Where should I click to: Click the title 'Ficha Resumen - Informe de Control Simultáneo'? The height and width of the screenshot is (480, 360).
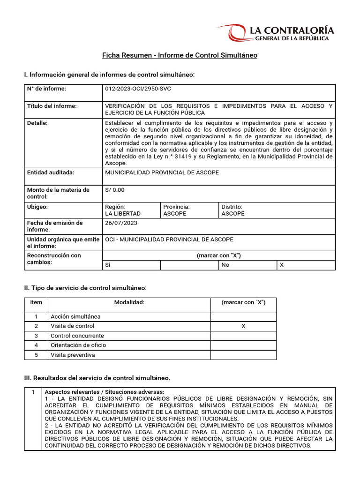point(180,55)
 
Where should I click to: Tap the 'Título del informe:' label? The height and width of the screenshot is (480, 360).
point(52,106)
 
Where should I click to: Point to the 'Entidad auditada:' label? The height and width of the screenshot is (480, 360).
point(51,172)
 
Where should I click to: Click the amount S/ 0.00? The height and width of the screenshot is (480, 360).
point(115,190)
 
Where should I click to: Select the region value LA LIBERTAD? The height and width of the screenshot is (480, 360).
point(123,213)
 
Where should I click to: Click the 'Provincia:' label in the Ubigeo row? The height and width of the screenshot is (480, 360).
point(176,206)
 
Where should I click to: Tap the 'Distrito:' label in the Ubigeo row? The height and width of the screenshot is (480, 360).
point(232,206)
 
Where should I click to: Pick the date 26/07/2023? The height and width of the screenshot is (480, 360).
point(120,223)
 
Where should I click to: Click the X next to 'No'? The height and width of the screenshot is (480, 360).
point(281,265)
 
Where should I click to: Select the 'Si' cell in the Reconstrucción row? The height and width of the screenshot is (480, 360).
point(108,265)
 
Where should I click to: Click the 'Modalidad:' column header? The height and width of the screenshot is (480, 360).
point(129,302)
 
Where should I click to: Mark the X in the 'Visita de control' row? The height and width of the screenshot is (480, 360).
point(243,326)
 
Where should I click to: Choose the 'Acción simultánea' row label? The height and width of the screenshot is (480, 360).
point(75,316)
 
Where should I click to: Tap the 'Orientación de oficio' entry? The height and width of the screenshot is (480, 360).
point(78,345)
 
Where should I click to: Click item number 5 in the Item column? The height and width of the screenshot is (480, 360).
point(36,355)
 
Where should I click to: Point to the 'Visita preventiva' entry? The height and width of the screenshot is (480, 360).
point(73,355)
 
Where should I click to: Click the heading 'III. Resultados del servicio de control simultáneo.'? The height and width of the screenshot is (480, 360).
point(97,378)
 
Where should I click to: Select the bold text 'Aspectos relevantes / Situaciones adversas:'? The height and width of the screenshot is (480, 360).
point(104,392)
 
